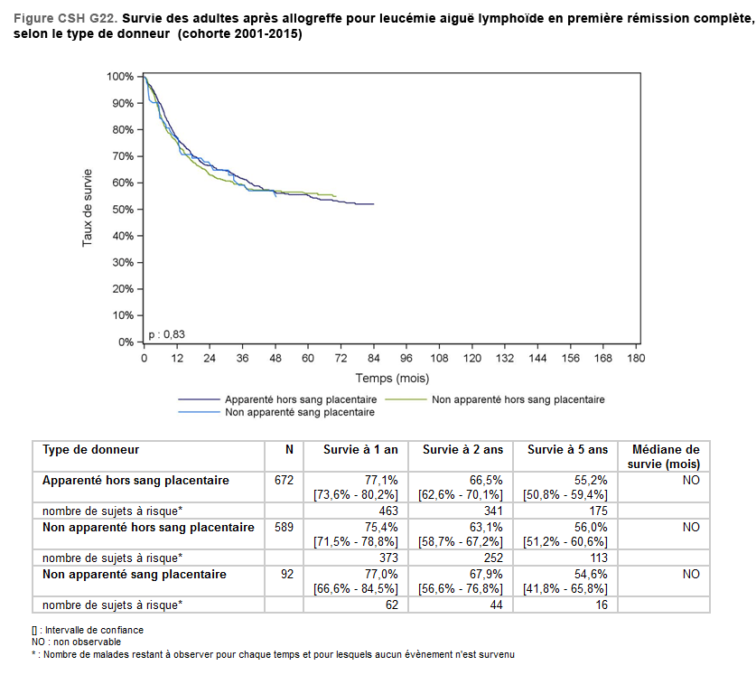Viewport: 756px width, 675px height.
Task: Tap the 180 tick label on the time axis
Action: point(635,358)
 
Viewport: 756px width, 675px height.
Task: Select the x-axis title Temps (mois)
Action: point(392,378)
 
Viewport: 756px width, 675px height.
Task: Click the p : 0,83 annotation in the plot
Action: point(167,334)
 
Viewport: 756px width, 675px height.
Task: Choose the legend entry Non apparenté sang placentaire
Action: point(299,411)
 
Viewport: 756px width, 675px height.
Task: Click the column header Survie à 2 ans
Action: point(461,450)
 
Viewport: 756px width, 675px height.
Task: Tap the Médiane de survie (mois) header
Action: point(664,456)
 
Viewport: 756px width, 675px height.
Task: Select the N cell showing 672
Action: point(284,480)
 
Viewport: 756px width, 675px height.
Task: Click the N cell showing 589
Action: point(284,527)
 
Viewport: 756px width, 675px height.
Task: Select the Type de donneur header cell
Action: point(91,450)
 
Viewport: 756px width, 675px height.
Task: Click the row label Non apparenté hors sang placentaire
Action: point(148,527)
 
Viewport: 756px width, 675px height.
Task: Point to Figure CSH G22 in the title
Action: point(63,18)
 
